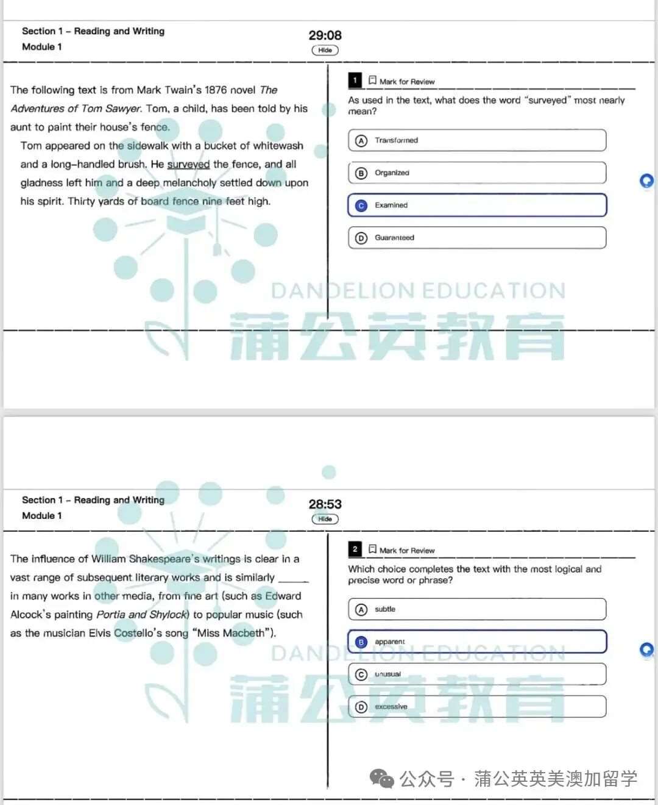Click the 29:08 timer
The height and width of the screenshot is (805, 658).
(325, 35)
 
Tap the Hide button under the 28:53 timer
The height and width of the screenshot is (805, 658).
(325, 519)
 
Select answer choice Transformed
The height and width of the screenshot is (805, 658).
(477, 140)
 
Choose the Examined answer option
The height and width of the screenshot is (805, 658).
(477, 206)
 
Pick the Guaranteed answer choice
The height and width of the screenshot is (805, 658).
(477, 238)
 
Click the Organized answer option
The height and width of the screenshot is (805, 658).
(477, 173)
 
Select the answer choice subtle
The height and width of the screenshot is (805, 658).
(477, 609)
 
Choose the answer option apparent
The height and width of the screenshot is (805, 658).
(477, 642)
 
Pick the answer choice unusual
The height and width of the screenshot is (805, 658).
(477, 674)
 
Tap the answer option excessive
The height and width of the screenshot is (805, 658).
(477, 706)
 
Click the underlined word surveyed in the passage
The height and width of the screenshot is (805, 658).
(188, 165)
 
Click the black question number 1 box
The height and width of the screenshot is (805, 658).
(355, 80)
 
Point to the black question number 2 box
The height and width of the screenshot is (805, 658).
(355, 549)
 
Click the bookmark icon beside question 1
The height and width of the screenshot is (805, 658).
(372, 80)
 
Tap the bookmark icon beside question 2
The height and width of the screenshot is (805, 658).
(372, 549)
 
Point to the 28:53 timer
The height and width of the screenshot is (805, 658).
(325, 504)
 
